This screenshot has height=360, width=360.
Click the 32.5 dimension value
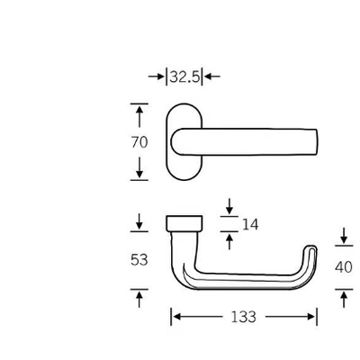coord(184,77)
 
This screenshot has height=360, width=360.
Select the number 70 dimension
coord(139,142)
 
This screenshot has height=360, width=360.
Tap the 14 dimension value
coord(250,224)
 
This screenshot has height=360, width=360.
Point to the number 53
coord(139,260)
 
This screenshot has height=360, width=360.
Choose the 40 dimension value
coord(344,267)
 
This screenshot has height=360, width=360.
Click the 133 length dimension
coord(244,317)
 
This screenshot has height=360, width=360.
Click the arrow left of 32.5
coord(157,76)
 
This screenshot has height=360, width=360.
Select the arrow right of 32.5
coord(211,76)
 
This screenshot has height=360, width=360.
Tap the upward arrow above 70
coord(139,117)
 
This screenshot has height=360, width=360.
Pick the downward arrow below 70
coord(139,167)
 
